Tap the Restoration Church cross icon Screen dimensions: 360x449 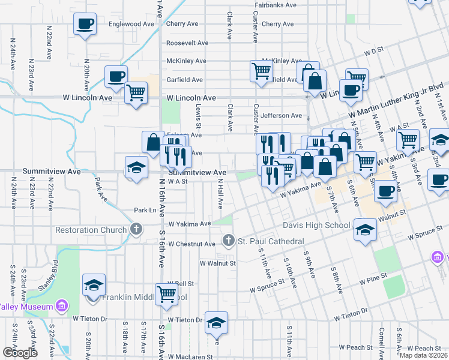coord(137,229)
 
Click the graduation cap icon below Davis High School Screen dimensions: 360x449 coord(364,230)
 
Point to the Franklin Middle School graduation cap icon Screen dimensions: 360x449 coord(93,285)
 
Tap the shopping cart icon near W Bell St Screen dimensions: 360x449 coord(166,293)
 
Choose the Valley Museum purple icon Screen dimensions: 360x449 coord(61,307)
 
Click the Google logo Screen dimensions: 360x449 coord(20,353)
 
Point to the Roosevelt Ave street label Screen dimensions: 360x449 coord(187,43)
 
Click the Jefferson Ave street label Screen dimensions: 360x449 coord(282,115)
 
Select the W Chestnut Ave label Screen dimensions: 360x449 coord(191,244)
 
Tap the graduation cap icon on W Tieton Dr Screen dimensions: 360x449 coord(216,322)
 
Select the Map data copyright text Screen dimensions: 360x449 coord(423,355)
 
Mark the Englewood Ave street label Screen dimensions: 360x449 coord(132,24)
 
